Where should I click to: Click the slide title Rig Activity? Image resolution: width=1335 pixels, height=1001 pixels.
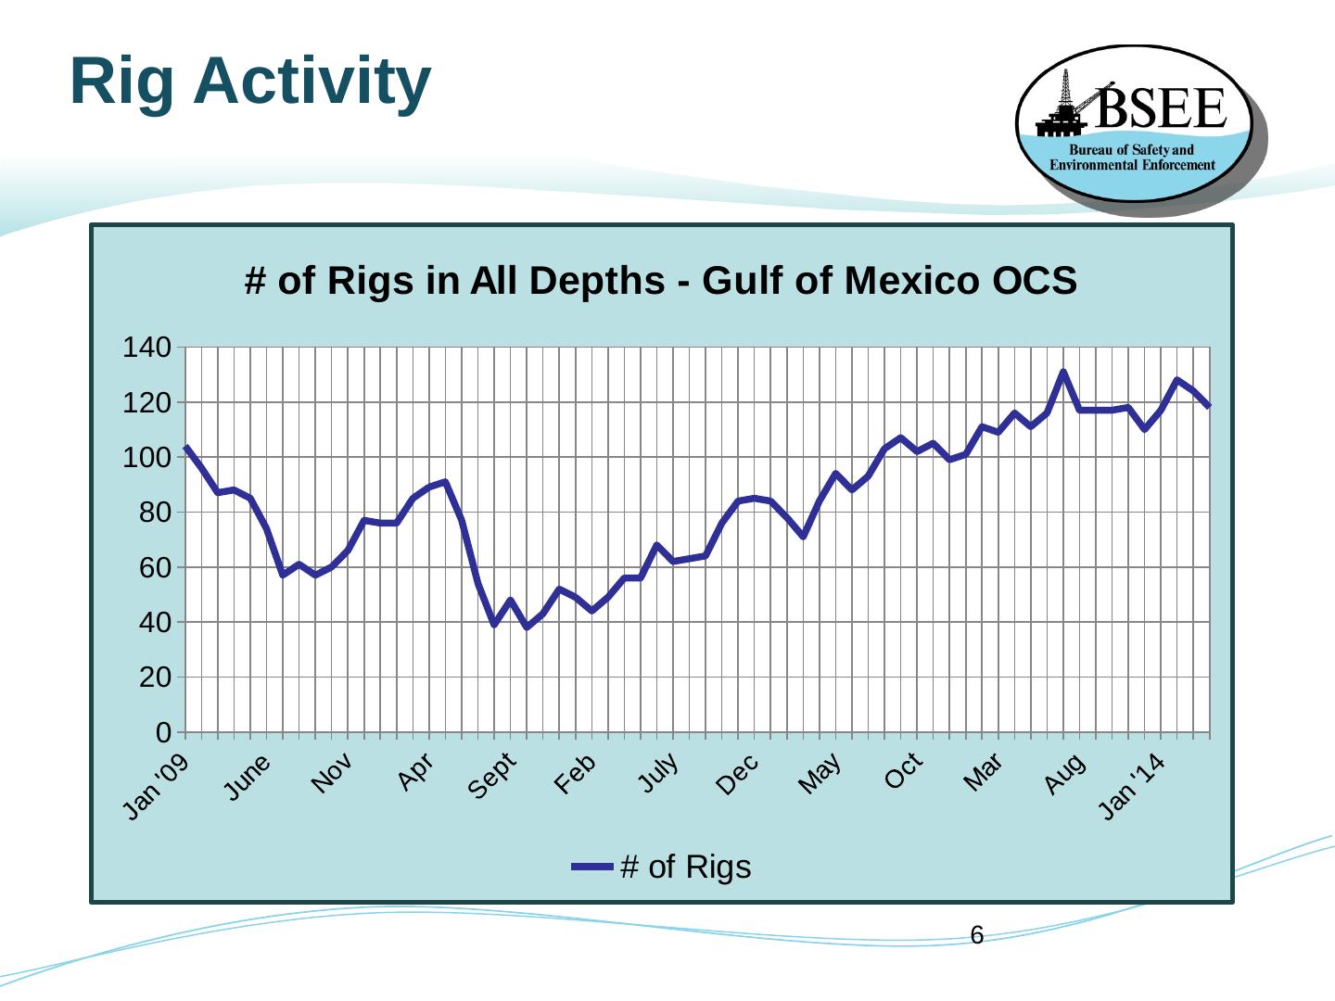coord(250,82)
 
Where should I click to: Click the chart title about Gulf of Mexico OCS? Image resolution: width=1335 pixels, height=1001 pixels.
coord(660,280)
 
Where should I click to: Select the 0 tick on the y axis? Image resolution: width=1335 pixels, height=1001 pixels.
coord(164,732)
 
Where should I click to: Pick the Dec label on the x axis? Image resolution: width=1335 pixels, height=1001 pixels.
coord(739,774)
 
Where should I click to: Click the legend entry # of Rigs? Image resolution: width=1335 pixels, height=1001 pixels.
coord(661,867)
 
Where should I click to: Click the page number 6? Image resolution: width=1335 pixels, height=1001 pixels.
coord(976,935)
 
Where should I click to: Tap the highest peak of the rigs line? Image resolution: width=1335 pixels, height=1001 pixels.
coord(1063,372)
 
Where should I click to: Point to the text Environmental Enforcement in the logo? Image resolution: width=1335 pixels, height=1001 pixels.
coord(1132,165)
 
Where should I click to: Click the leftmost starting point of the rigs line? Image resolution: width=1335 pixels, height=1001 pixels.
coord(186,447)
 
